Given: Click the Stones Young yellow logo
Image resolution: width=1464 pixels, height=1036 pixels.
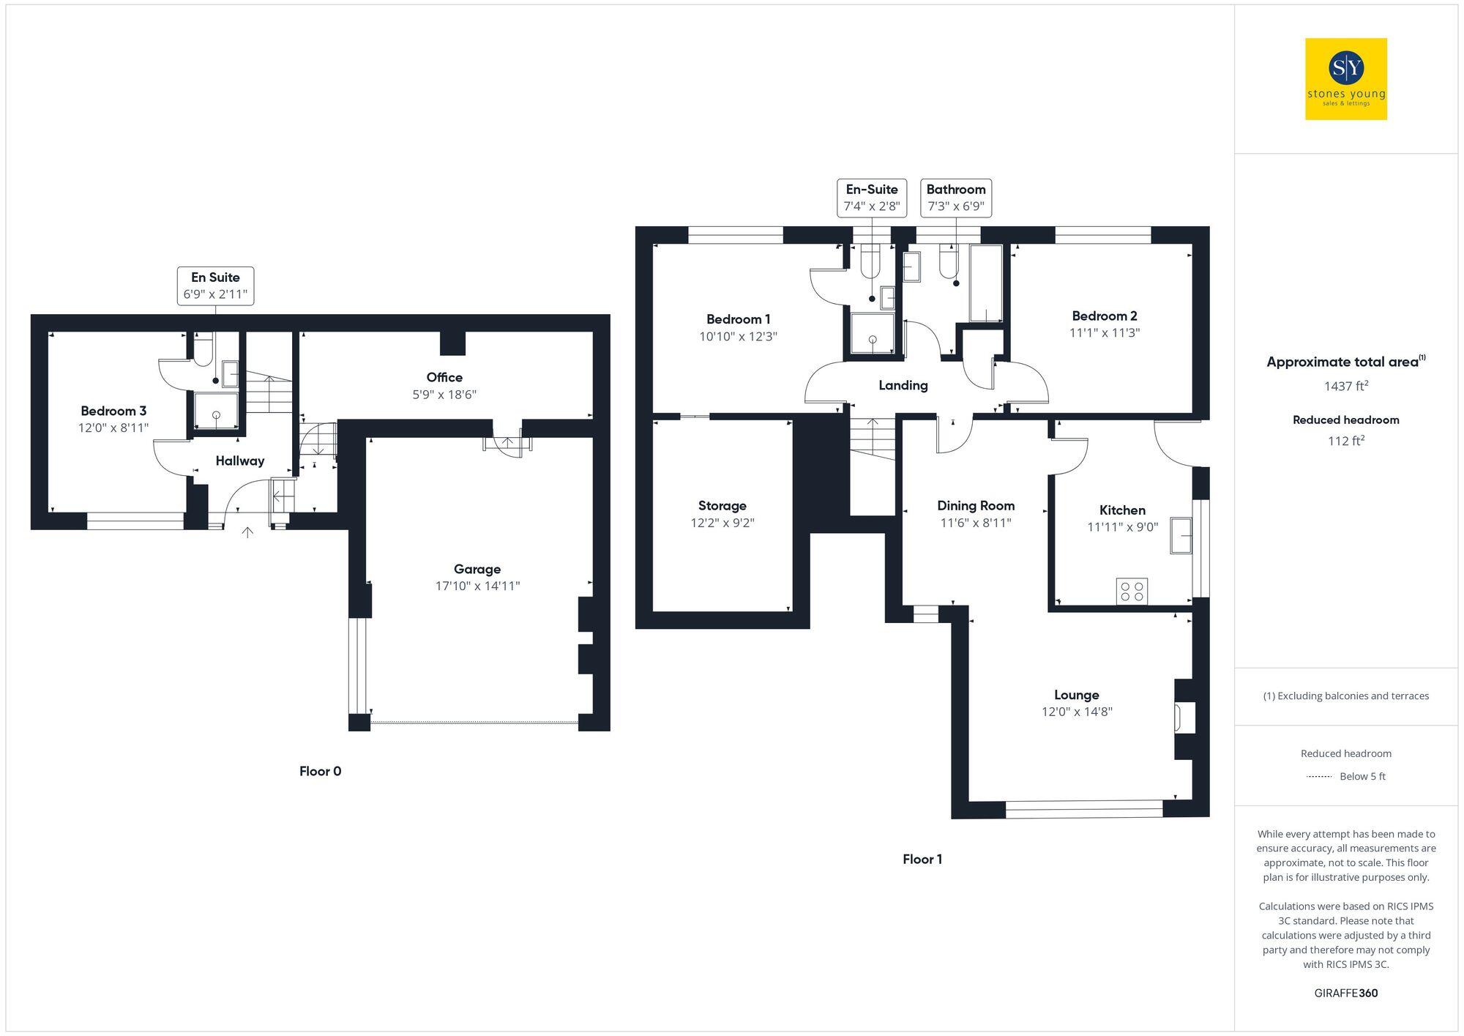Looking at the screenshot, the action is click(x=1345, y=79).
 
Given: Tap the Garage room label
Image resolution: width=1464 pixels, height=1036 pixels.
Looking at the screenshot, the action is click(x=477, y=569).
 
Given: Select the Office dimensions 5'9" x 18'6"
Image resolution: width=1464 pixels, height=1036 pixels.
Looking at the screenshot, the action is click(x=444, y=395).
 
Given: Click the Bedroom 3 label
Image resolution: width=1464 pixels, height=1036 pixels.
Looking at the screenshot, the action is click(x=113, y=411).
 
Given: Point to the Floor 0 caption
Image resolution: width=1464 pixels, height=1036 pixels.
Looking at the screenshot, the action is click(x=320, y=771).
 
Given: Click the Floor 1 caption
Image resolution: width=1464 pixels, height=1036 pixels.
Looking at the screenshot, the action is click(x=922, y=859).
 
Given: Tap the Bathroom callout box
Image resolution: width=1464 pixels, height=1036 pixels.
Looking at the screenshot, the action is click(x=956, y=198).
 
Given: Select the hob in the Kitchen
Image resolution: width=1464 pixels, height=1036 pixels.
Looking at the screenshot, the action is click(x=1132, y=591).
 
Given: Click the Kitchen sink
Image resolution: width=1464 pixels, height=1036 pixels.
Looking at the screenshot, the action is click(x=1180, y=535).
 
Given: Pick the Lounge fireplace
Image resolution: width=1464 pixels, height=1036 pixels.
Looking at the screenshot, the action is click(x=1184, y=718).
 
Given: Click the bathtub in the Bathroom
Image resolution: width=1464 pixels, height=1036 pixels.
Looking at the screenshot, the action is click(x=986, y=283).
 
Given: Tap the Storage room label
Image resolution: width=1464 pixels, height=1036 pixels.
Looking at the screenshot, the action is click(x=722, y=506).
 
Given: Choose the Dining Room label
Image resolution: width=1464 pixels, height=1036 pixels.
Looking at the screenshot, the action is click(x=976, y=505).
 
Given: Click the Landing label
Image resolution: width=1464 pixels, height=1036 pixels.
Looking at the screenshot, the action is click(x=903, y=385).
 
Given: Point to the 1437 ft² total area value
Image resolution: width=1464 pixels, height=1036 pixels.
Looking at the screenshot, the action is click(x=1345, y=386).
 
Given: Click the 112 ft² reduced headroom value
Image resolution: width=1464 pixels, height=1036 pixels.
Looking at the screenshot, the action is click(x=1345, y=440).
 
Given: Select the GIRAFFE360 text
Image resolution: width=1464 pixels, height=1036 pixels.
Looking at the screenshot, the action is click(x=1345, y=993).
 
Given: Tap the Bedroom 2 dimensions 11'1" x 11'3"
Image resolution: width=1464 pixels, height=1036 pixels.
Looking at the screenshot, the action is click(x=1104, y=332).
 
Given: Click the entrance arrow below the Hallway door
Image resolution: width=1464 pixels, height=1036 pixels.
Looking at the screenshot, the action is click(x=247, y=533).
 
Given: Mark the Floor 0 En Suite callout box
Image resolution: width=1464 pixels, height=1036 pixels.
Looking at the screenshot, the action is click(x=215, y=286).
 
